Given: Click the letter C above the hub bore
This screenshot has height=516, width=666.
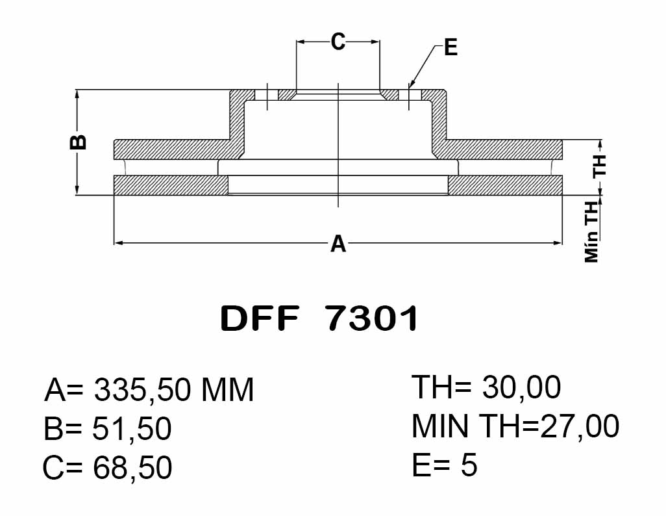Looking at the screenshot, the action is click(x=338, y=42).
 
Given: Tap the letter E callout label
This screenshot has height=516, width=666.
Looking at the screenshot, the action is click(x=450, y=47).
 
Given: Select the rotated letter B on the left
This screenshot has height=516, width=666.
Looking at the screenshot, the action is click(x=78, y=142).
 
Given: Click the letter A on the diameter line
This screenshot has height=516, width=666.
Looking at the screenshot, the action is click(x=338, y=244).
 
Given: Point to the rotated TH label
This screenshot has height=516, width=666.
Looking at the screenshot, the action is click(x=600, y=166).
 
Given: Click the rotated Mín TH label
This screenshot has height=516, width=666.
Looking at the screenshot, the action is click(x=591, y=232).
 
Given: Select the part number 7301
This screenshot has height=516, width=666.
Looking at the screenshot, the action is click(x=373, y=318).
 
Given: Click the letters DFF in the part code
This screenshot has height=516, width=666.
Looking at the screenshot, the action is click(x=260, y=318).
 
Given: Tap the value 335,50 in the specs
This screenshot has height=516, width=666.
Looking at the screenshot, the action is click(x=142, y=390).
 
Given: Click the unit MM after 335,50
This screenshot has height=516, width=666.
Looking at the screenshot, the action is click(x=227, y=390).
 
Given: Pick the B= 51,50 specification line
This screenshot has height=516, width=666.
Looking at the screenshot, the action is click(x=108, y=429).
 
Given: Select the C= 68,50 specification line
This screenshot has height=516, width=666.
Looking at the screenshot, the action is click(x=108, y=467).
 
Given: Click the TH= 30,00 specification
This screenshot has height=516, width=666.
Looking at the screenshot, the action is click(x=486, y=387).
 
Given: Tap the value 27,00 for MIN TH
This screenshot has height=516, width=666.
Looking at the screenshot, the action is click(x=580, y=427).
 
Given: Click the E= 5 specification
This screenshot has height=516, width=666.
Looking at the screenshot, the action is click(x=445, y=465).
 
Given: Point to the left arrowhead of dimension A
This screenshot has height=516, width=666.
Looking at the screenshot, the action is click(x=119, y=243).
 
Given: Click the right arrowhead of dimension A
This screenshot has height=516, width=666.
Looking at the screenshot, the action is click(x=557, y=243).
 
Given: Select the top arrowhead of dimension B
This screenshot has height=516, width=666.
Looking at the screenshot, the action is click(x=77, y=94).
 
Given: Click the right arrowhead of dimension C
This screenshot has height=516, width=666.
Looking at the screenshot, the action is click(x=375, y=42).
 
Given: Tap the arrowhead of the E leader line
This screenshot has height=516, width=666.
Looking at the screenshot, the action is click(x=411, y=84).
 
